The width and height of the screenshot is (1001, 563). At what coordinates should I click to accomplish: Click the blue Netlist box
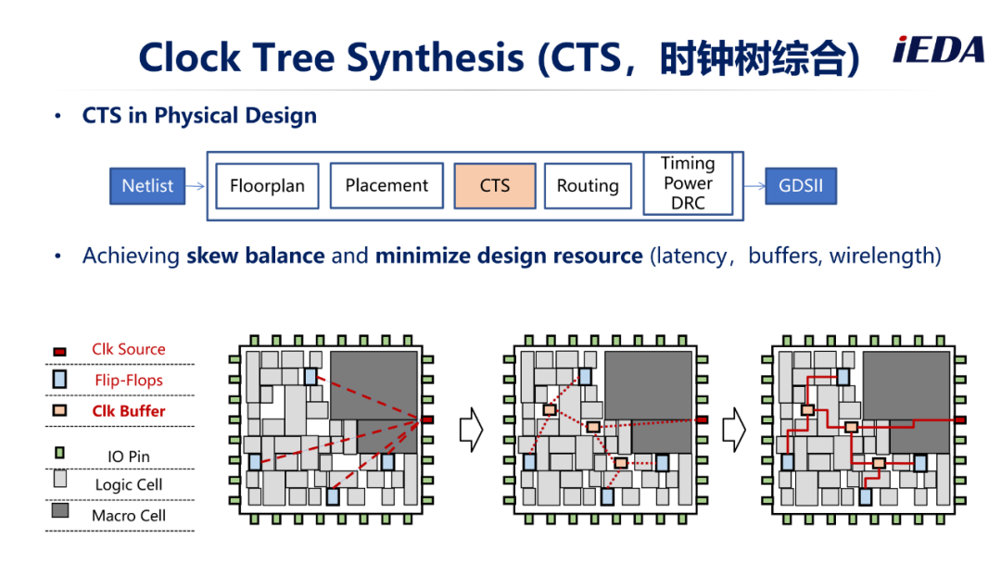click(x=147, y=186)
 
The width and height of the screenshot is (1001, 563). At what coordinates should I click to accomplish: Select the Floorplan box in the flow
click(x=268, y=186)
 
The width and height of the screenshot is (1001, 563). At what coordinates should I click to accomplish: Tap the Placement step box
click(x=386, y=185)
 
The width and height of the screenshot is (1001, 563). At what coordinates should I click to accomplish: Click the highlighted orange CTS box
click(x=495, y=186)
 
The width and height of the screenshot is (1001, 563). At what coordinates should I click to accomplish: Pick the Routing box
click(x=588, y=186)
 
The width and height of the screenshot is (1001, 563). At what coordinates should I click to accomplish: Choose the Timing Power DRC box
click(x=688, y=183)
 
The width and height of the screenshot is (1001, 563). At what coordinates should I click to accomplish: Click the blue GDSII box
click(x=801, y=186)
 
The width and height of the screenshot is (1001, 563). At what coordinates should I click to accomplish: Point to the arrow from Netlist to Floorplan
click(x=196, y=186)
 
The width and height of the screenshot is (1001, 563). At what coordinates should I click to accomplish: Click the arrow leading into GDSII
click(x=754, y=186)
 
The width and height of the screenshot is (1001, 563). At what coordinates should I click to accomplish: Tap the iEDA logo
click(x=938, y=50)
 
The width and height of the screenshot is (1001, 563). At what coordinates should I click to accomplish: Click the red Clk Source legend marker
click(x=59, y=351)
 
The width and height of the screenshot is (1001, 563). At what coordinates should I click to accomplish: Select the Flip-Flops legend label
click(x=129, y=381)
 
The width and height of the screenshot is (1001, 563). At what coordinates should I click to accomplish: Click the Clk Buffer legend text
click(x=129, y=411)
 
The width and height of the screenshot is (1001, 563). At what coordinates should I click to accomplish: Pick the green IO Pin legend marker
click(x=59, y=453)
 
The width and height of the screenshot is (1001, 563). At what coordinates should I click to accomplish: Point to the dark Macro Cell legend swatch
click(x=60, y=510)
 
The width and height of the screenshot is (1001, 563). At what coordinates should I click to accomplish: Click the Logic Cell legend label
click(x=129, y=484)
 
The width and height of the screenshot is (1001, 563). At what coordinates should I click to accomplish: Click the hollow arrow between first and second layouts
click(x=472, y=430)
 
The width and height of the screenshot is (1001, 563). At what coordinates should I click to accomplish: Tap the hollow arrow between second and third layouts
click(x=734, y=430)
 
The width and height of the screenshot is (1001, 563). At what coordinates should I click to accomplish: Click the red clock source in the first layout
click(x=427, y=419)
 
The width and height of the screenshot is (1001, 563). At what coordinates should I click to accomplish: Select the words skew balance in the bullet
click(x=256, y=256)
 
